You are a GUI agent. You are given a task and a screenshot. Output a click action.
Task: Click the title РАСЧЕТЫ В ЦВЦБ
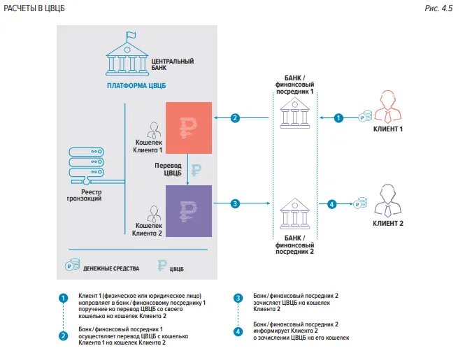36,8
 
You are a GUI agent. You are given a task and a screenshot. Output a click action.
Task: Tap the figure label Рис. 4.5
438,8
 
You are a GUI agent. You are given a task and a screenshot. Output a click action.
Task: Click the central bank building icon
126,56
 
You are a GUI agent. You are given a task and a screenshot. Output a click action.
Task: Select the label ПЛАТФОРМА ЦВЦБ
136,86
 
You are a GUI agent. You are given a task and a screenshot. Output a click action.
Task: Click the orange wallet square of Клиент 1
188,127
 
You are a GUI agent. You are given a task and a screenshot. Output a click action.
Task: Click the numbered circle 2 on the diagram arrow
236,118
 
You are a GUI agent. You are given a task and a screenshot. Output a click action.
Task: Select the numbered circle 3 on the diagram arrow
236,203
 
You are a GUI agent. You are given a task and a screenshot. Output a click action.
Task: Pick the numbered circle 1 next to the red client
339,118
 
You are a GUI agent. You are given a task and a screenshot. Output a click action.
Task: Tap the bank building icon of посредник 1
294,112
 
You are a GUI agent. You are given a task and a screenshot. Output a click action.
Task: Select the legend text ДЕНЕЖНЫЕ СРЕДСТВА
111,268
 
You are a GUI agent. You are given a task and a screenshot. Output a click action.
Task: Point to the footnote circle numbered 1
64,297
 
